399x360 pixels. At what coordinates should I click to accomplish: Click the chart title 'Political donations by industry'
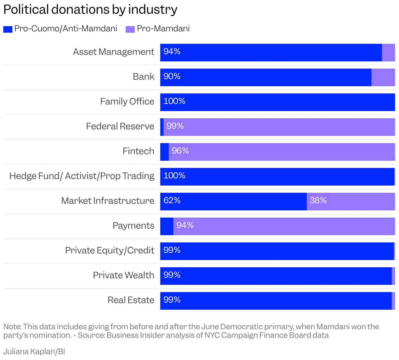[90, 9]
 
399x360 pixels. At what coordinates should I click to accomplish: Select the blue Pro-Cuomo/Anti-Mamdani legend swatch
[8, 29]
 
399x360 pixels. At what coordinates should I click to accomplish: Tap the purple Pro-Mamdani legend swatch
[130, 29]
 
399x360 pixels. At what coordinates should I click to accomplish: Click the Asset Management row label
[113, 52]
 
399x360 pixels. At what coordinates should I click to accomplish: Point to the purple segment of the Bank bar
[383, 77]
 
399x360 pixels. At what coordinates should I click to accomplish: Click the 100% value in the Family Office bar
[174, 101]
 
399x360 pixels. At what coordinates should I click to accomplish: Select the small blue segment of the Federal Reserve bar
[162, 127]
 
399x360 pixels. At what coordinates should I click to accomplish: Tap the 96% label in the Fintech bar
[180, 151]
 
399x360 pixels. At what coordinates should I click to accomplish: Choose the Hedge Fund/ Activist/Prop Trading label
[82, 176]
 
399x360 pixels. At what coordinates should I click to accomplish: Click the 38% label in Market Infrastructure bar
[318, 201]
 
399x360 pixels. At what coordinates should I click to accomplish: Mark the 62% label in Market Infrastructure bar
[172, 201]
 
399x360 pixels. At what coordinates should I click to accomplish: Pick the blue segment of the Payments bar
[167, 226]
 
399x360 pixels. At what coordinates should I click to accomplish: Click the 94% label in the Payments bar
[185, 225]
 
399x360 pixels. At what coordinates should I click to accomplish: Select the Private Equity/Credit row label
[110, 251]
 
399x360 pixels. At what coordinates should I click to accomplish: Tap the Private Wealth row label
[123, 275]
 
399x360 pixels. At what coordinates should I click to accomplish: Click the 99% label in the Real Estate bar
[172, 300]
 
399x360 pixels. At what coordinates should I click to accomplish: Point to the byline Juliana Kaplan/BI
[34, 352]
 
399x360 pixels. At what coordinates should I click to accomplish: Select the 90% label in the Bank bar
[172, 76]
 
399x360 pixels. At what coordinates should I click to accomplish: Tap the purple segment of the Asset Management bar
[389, 53]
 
